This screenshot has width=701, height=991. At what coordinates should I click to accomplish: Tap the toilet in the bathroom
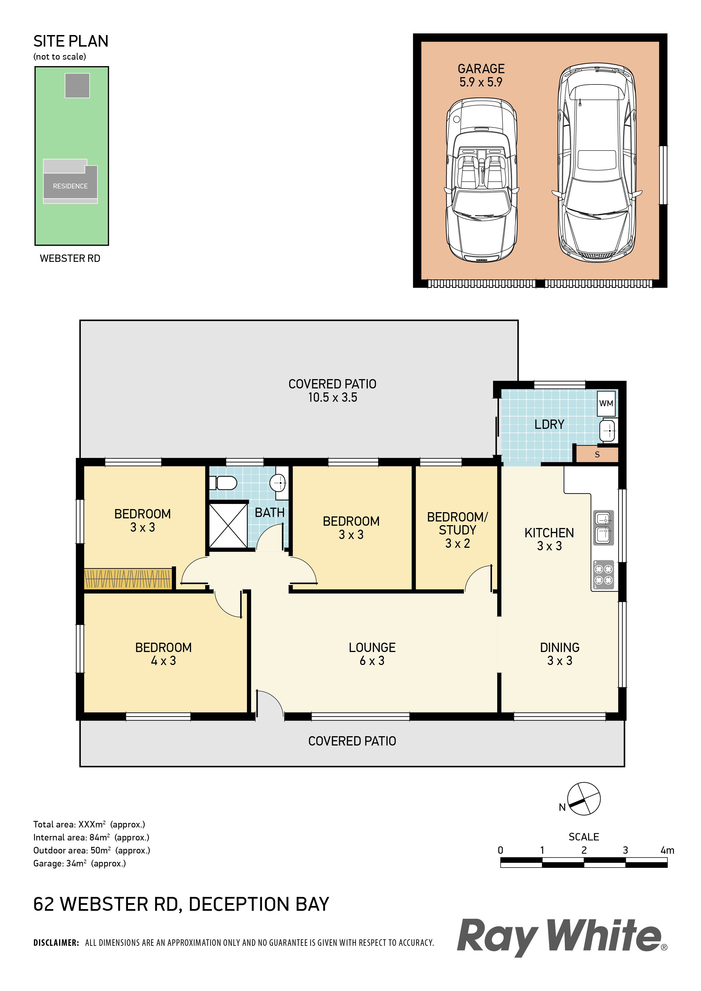(x=223, y=483)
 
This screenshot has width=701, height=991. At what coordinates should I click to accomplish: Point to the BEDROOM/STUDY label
(x=457, y=530)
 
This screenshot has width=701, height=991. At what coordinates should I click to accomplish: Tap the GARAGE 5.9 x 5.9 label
(x=481, y=75)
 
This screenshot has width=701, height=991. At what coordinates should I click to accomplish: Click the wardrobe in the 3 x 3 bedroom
(x=128, y=578)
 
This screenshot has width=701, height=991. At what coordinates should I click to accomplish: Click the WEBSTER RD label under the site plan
(x=70, y=258)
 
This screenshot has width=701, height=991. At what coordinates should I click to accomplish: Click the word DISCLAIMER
(x=56, y=943)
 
